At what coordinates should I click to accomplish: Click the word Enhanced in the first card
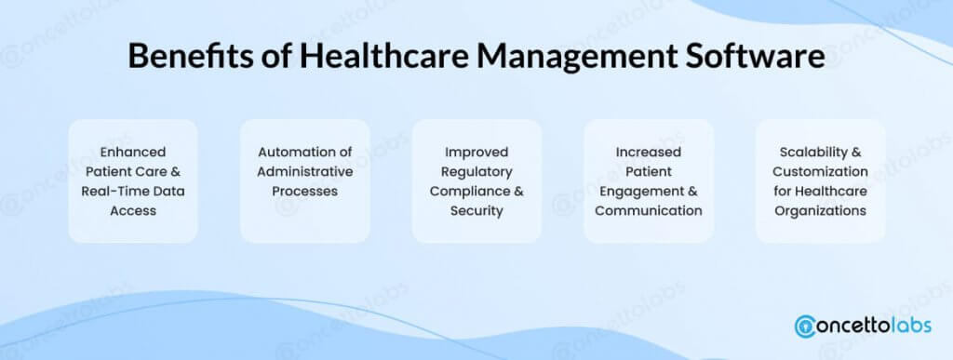(133, 152)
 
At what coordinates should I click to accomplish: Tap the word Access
(133, 210)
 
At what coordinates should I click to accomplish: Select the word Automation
(290, 152)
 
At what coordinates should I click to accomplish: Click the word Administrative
(305, 171)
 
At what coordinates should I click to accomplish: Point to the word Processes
(305, 192)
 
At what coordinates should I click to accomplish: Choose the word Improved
(476, 153)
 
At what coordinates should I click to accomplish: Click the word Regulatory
(476, 172)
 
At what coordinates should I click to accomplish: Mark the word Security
(476, 211)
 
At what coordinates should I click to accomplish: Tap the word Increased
(649, 152)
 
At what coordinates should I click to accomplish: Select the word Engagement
(640, 192)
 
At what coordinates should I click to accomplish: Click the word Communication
(649, 210)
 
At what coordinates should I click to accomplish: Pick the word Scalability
(812, 153)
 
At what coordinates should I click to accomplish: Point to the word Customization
(821, 171)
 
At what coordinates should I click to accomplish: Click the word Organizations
(821, 211)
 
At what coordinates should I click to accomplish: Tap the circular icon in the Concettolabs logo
(805, 326)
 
